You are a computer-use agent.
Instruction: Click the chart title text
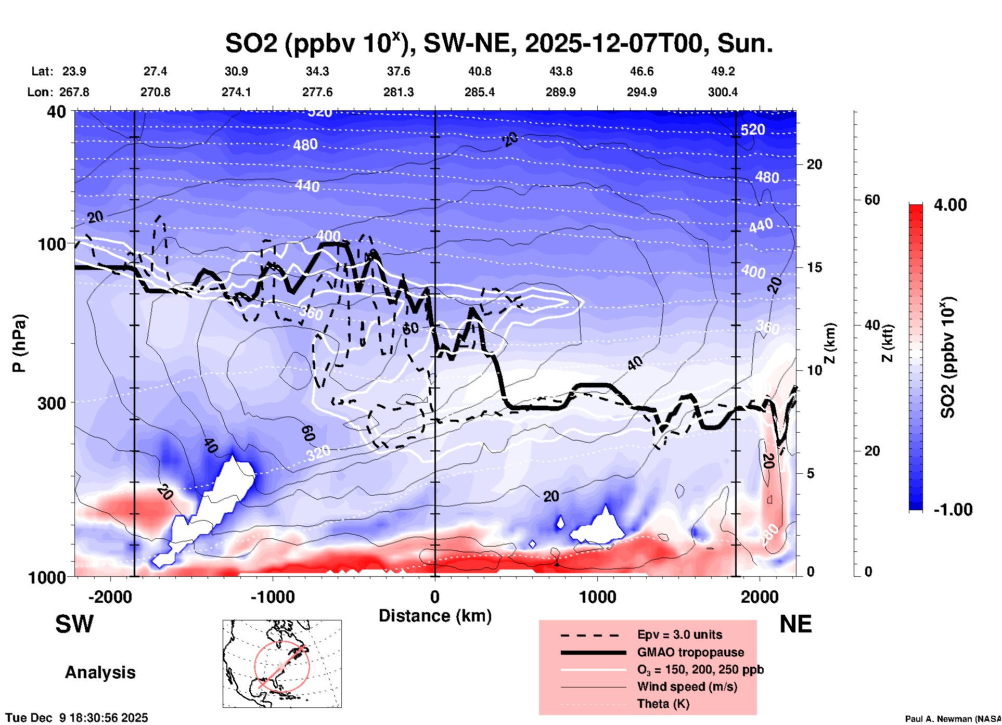pyautogui.click(x=498, y=43)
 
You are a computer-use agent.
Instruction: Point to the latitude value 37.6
pyautogui.click(x=398, y=71)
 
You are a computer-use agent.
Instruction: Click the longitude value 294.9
pyautogui.click(x=641, y=92)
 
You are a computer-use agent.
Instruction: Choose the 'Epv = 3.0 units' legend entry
pyautogui.click(x=679, y=635)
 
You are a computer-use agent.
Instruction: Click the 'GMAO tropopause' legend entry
pyautogui.click(x=690, y=652)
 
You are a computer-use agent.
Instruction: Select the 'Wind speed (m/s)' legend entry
pyautogui.click(x=687, y=687)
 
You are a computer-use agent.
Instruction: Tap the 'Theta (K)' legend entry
pyautogui.click(x=663, y=704)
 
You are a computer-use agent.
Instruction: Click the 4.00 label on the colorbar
pyautogui.click(x=950, y=205)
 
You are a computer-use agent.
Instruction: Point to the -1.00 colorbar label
pyautogui.click(x=953, y=509)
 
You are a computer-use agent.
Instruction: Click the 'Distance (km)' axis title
pyautogui.click(x=435, y=616)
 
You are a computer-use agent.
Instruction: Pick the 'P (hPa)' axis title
pyautogui.click(x=19, y=343)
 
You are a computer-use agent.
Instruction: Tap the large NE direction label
pyautogui.click(x=795, y=624)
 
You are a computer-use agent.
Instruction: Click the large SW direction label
pyautogui.click(x=74, y=624)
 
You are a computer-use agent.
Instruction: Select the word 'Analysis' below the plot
pyautogui.click(x=100, y=672)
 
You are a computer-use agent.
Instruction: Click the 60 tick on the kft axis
pyautogui.click(x=872, y=200)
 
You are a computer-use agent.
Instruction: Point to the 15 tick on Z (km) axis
pyautogui.click(x=814, y=267)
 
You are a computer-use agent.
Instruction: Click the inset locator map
pyautogui.click(x=282, y=663)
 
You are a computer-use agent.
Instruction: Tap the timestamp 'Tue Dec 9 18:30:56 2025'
pyautogui.click(x=77, y=718)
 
